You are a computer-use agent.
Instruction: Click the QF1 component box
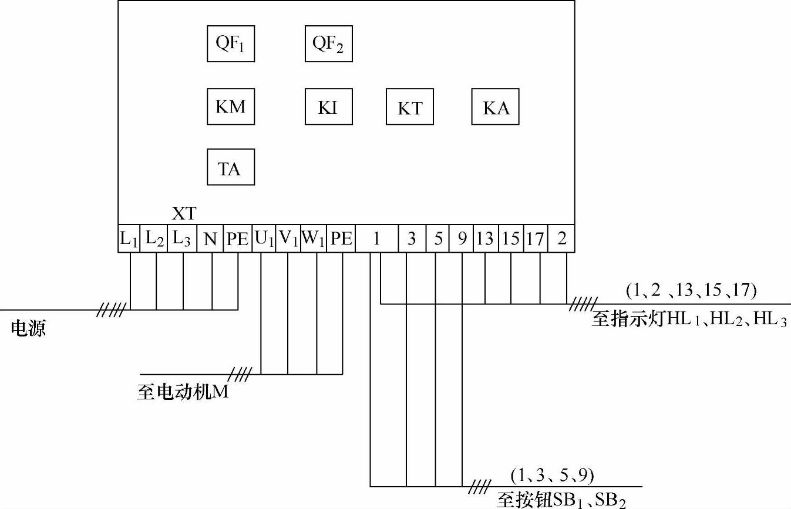click(x=231, y=44)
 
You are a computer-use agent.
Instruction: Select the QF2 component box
click(x=328, y=44)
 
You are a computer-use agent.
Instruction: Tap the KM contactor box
click(x=231, y=107)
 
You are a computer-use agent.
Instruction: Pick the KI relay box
click(x=328, y=107)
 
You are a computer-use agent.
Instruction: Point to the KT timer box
click(x=410, y=107)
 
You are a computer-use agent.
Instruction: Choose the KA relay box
click(x=496, y=107)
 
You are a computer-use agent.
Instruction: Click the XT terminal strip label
click(x=184, y=214)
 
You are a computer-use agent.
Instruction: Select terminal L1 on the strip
click(x=129, y=239)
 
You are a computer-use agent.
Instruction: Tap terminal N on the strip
click(x=210, y=239)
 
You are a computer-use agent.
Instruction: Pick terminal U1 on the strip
click(x=264, y=239)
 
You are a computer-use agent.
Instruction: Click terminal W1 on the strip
click(x=314, y=239)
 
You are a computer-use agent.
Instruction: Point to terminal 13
click(x=485, y=239)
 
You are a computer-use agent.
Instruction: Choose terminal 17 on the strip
click(x=535, y=239)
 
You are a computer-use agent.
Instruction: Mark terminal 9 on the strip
click(x=462, y=239)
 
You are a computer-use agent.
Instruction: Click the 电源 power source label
click(x=28, y=328)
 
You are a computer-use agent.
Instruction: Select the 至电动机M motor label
click(x=183, y=391)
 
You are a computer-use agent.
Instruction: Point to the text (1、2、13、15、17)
click(x=691, y=290)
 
